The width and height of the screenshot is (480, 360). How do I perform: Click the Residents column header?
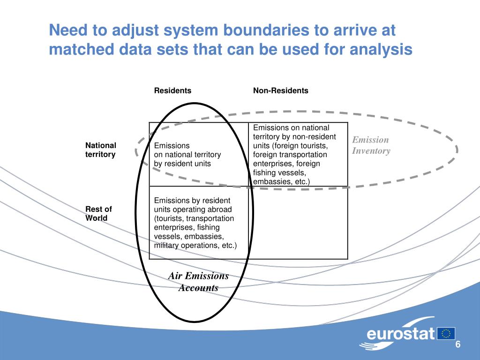[173, 90]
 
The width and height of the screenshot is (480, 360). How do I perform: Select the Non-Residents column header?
[281, 90]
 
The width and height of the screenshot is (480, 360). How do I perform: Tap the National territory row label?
[100, 150]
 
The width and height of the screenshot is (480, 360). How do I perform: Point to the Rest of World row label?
[98, 213]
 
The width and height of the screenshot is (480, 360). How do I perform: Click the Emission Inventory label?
[371, 145]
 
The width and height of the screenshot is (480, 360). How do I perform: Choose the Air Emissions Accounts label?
[198, 282]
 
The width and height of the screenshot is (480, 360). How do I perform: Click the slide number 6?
[458, 345]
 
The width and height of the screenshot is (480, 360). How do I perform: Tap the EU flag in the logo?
[446, 333]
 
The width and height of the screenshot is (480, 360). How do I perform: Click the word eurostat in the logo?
[401, 334]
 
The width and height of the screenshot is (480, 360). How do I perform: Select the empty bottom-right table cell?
[298, 223]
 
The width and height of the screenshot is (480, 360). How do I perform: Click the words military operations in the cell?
[185, 245]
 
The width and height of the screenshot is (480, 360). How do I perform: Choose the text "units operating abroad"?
[193, 210]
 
